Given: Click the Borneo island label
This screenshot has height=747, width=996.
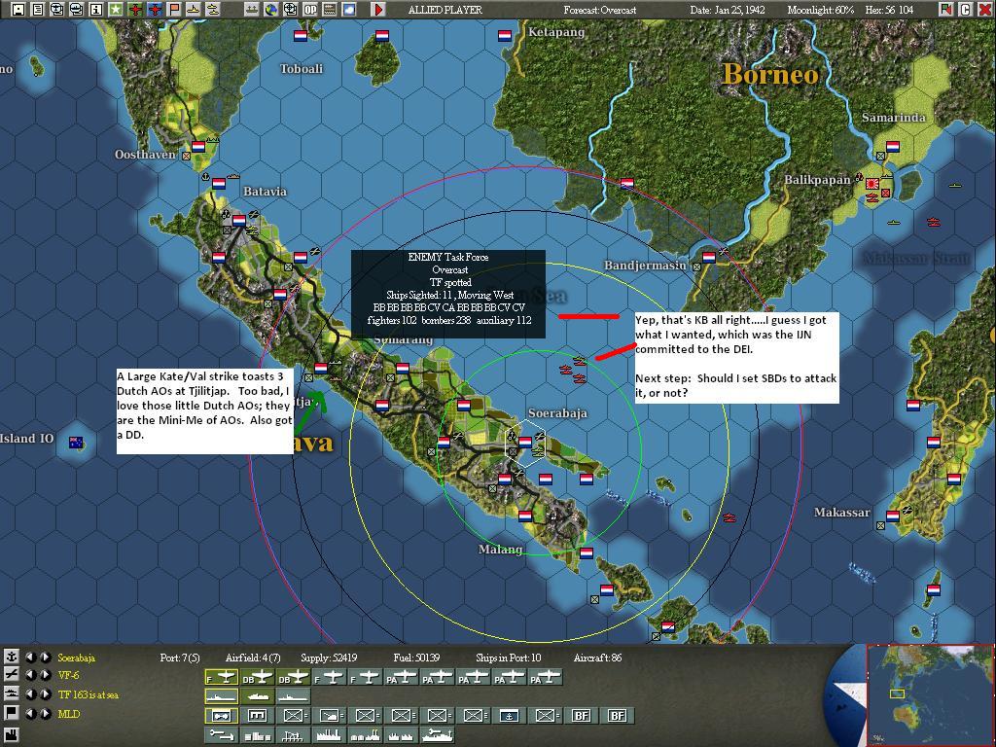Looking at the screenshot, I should click(770, 75).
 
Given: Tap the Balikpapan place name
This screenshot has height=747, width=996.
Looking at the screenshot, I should click(818, 180).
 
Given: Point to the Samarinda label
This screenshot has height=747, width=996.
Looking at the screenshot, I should click(893, 118).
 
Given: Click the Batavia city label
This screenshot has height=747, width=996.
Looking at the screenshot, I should click(265, 192).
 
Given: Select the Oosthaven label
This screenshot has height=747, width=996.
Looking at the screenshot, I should click(145, 155).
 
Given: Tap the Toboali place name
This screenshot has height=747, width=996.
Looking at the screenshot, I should click(301, 69).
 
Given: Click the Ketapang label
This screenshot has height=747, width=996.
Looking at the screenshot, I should click(556, 32).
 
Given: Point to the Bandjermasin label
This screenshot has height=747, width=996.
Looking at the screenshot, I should click(645, 266).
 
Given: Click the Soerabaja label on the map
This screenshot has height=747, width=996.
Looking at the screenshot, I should click(557, 413).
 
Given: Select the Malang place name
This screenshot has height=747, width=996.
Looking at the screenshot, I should click(501, 550).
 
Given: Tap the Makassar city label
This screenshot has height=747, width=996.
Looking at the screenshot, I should click(842, 513).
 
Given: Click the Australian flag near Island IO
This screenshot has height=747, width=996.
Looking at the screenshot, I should click(77, 443).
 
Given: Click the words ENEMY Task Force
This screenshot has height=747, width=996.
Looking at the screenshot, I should click(448, 257).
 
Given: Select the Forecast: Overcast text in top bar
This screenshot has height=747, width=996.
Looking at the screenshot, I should click(600, 10).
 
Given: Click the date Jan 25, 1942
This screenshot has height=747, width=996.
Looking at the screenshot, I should click(729, 10).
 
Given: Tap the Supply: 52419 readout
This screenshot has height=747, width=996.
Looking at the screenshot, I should click(329, 658).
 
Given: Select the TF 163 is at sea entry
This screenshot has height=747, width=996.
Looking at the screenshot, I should click(89, 695).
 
